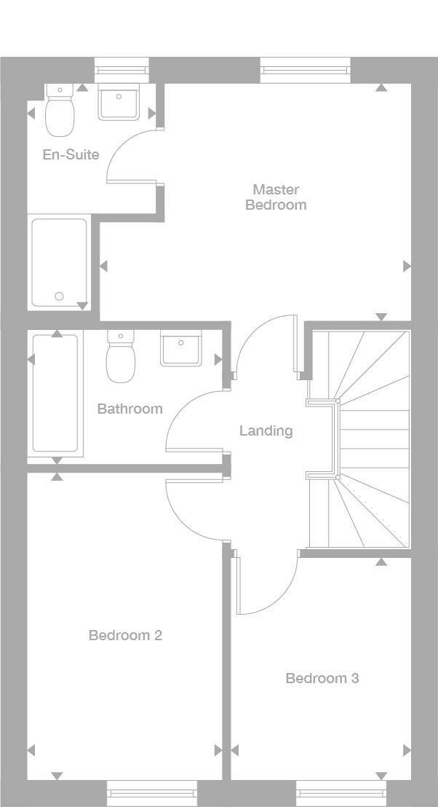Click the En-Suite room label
[71, 154]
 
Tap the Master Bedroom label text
[276, 197]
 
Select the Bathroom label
[130, 409]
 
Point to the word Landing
[266, 430]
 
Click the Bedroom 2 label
[125, 635]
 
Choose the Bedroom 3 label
[322, 678]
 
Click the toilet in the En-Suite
[60, 110]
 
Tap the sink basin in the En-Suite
[119, 103]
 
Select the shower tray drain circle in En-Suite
[59, 296]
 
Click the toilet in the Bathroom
[121, 357]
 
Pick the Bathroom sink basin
[180, 348]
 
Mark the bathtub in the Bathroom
[55, 393]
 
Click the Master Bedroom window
[306, 70]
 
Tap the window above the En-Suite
[122, 70]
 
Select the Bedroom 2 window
[152, 793]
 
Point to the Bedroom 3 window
[341, 793]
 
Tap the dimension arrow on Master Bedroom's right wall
[407, 266]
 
